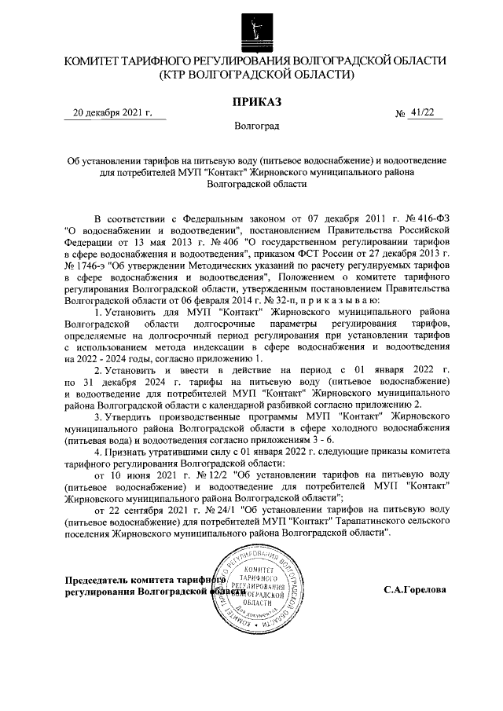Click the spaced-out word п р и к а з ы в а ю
pyautogui.click(x=340, y=301)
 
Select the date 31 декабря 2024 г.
pyautogui.click(x=127, y=381)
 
